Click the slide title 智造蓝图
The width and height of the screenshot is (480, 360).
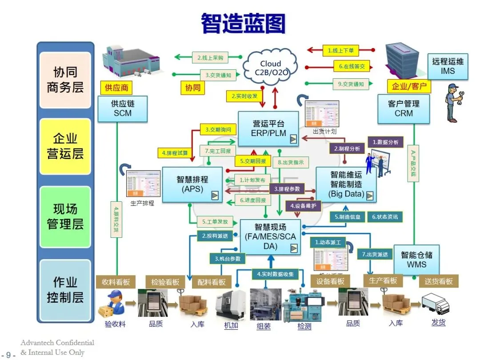pos(243,23)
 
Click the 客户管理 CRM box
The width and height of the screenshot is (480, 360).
pos(404,108)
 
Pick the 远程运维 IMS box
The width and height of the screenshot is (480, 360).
pos(448,66)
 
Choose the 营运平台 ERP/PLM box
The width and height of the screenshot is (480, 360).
pos(268,128)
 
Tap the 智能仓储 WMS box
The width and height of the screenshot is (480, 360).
pos(416,260)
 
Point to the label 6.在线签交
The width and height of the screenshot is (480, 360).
pos(352,67)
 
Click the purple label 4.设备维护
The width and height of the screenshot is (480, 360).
pos(304,206)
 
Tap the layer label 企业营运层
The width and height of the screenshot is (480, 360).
pos(65,146)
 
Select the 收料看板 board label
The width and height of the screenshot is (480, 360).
pos(115,281)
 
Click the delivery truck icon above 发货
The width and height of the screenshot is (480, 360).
pos(436,304)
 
